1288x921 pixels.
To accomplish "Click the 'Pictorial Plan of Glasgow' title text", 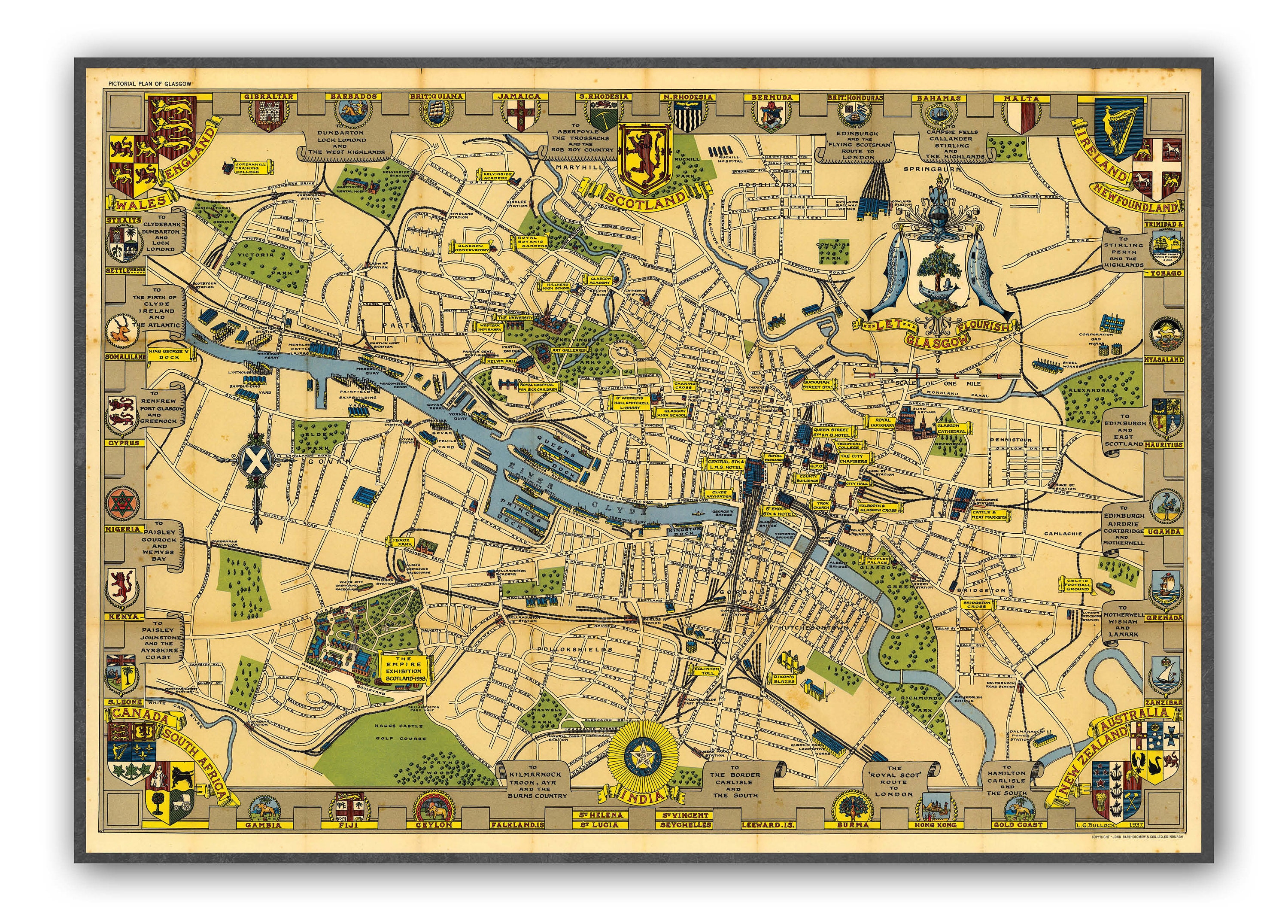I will coord(150,83).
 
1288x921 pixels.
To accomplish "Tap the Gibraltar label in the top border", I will coord(269,97).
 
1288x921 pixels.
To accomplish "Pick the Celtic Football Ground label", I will coord(1078,585).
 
